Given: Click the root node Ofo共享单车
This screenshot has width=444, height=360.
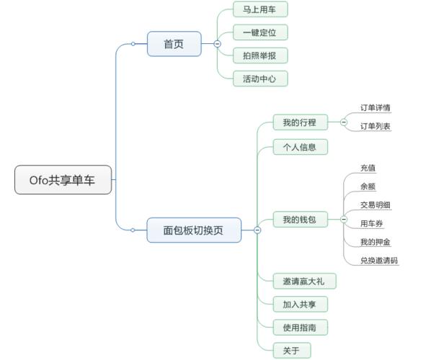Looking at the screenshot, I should [x=64, y=180].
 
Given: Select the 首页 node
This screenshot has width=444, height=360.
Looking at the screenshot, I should [x=173, y=44].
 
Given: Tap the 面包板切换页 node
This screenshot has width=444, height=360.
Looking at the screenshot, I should [x=193, y=230].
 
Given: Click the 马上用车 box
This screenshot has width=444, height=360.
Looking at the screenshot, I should [x=260, y=9].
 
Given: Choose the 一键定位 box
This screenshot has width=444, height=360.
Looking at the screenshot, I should [x=260, y=32].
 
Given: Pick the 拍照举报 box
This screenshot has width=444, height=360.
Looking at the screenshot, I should [x=260, y=55].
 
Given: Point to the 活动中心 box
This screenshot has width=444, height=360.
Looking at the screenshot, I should [x=260, y=78].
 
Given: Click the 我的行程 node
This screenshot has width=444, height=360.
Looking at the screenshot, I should [x=300, y=122].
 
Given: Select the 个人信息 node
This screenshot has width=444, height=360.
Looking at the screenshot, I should [x=300, y=147].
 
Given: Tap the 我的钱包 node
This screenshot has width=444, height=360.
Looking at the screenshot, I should [x=300, y=220].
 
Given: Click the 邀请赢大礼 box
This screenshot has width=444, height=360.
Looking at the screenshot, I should [x=304, y=281].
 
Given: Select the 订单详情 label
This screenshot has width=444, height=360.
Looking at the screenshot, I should [x=376, y=108].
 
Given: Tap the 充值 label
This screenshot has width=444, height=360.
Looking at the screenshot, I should [x=368, y=168].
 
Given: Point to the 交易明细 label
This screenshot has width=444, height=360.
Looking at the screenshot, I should [x=376, y=205].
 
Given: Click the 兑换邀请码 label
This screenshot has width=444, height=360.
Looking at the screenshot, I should [x=379, y=261].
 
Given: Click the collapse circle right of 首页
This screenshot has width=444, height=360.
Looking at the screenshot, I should [x=218, y=44].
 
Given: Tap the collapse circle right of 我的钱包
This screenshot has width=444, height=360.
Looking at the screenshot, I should [x=344, y=220].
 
